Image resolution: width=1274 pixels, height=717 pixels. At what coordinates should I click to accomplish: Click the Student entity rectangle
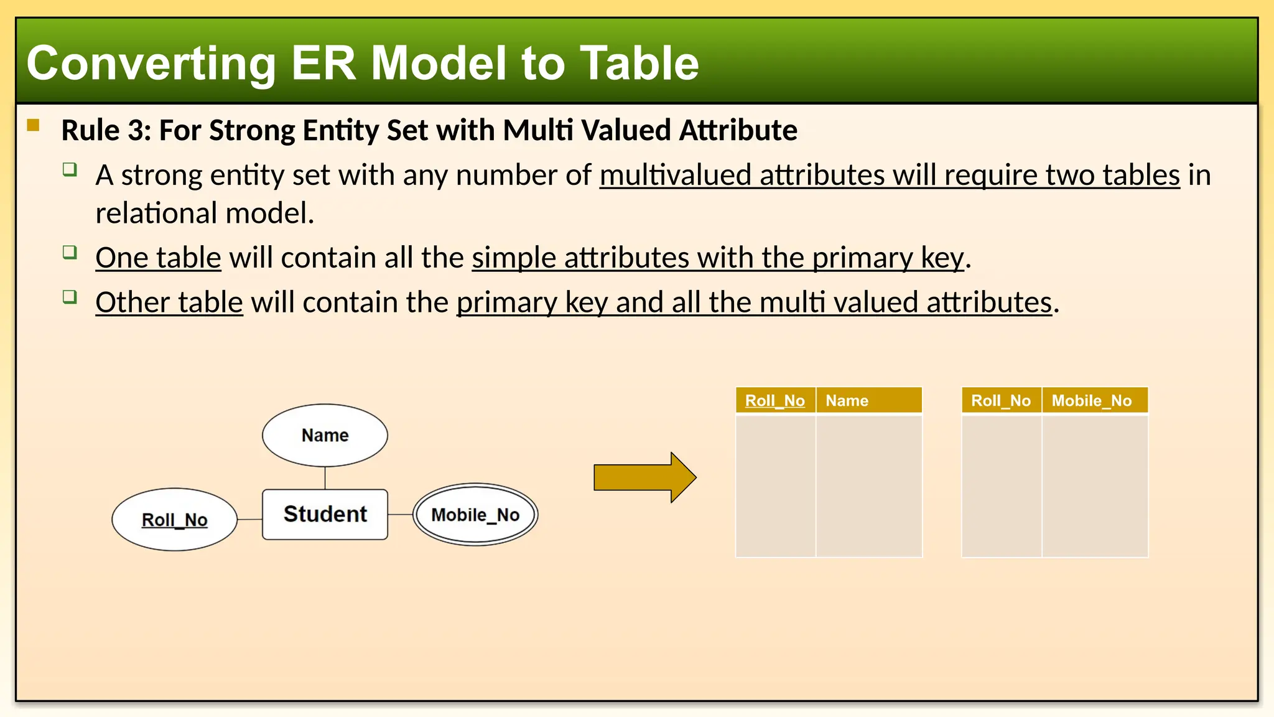(325, 514)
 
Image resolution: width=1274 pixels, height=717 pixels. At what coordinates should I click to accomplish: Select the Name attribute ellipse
(325, 435)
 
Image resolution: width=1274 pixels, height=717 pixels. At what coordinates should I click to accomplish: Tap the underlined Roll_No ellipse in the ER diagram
(174, 520)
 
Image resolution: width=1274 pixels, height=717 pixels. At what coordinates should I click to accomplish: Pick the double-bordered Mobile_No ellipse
(475, 515)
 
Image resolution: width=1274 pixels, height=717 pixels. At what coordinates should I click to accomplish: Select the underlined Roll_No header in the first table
(775, 401)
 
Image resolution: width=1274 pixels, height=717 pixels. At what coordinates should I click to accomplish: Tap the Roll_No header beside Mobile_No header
(1001, 401)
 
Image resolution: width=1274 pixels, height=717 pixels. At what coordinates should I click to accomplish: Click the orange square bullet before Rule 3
(34, 126)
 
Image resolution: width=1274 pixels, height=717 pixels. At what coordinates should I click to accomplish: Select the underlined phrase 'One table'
(158, 258)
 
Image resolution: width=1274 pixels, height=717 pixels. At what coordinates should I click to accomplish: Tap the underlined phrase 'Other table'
(169, 302)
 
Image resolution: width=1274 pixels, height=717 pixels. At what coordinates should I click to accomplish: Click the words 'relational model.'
(205, 213)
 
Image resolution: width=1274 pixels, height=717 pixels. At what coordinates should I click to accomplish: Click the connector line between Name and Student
(325, 478)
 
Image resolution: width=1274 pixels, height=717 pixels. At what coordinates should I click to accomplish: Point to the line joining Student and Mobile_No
(400, 515)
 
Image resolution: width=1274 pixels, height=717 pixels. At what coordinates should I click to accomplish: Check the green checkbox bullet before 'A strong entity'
(70, 169)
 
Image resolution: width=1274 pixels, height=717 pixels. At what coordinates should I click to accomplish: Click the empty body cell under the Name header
(868, 485)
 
